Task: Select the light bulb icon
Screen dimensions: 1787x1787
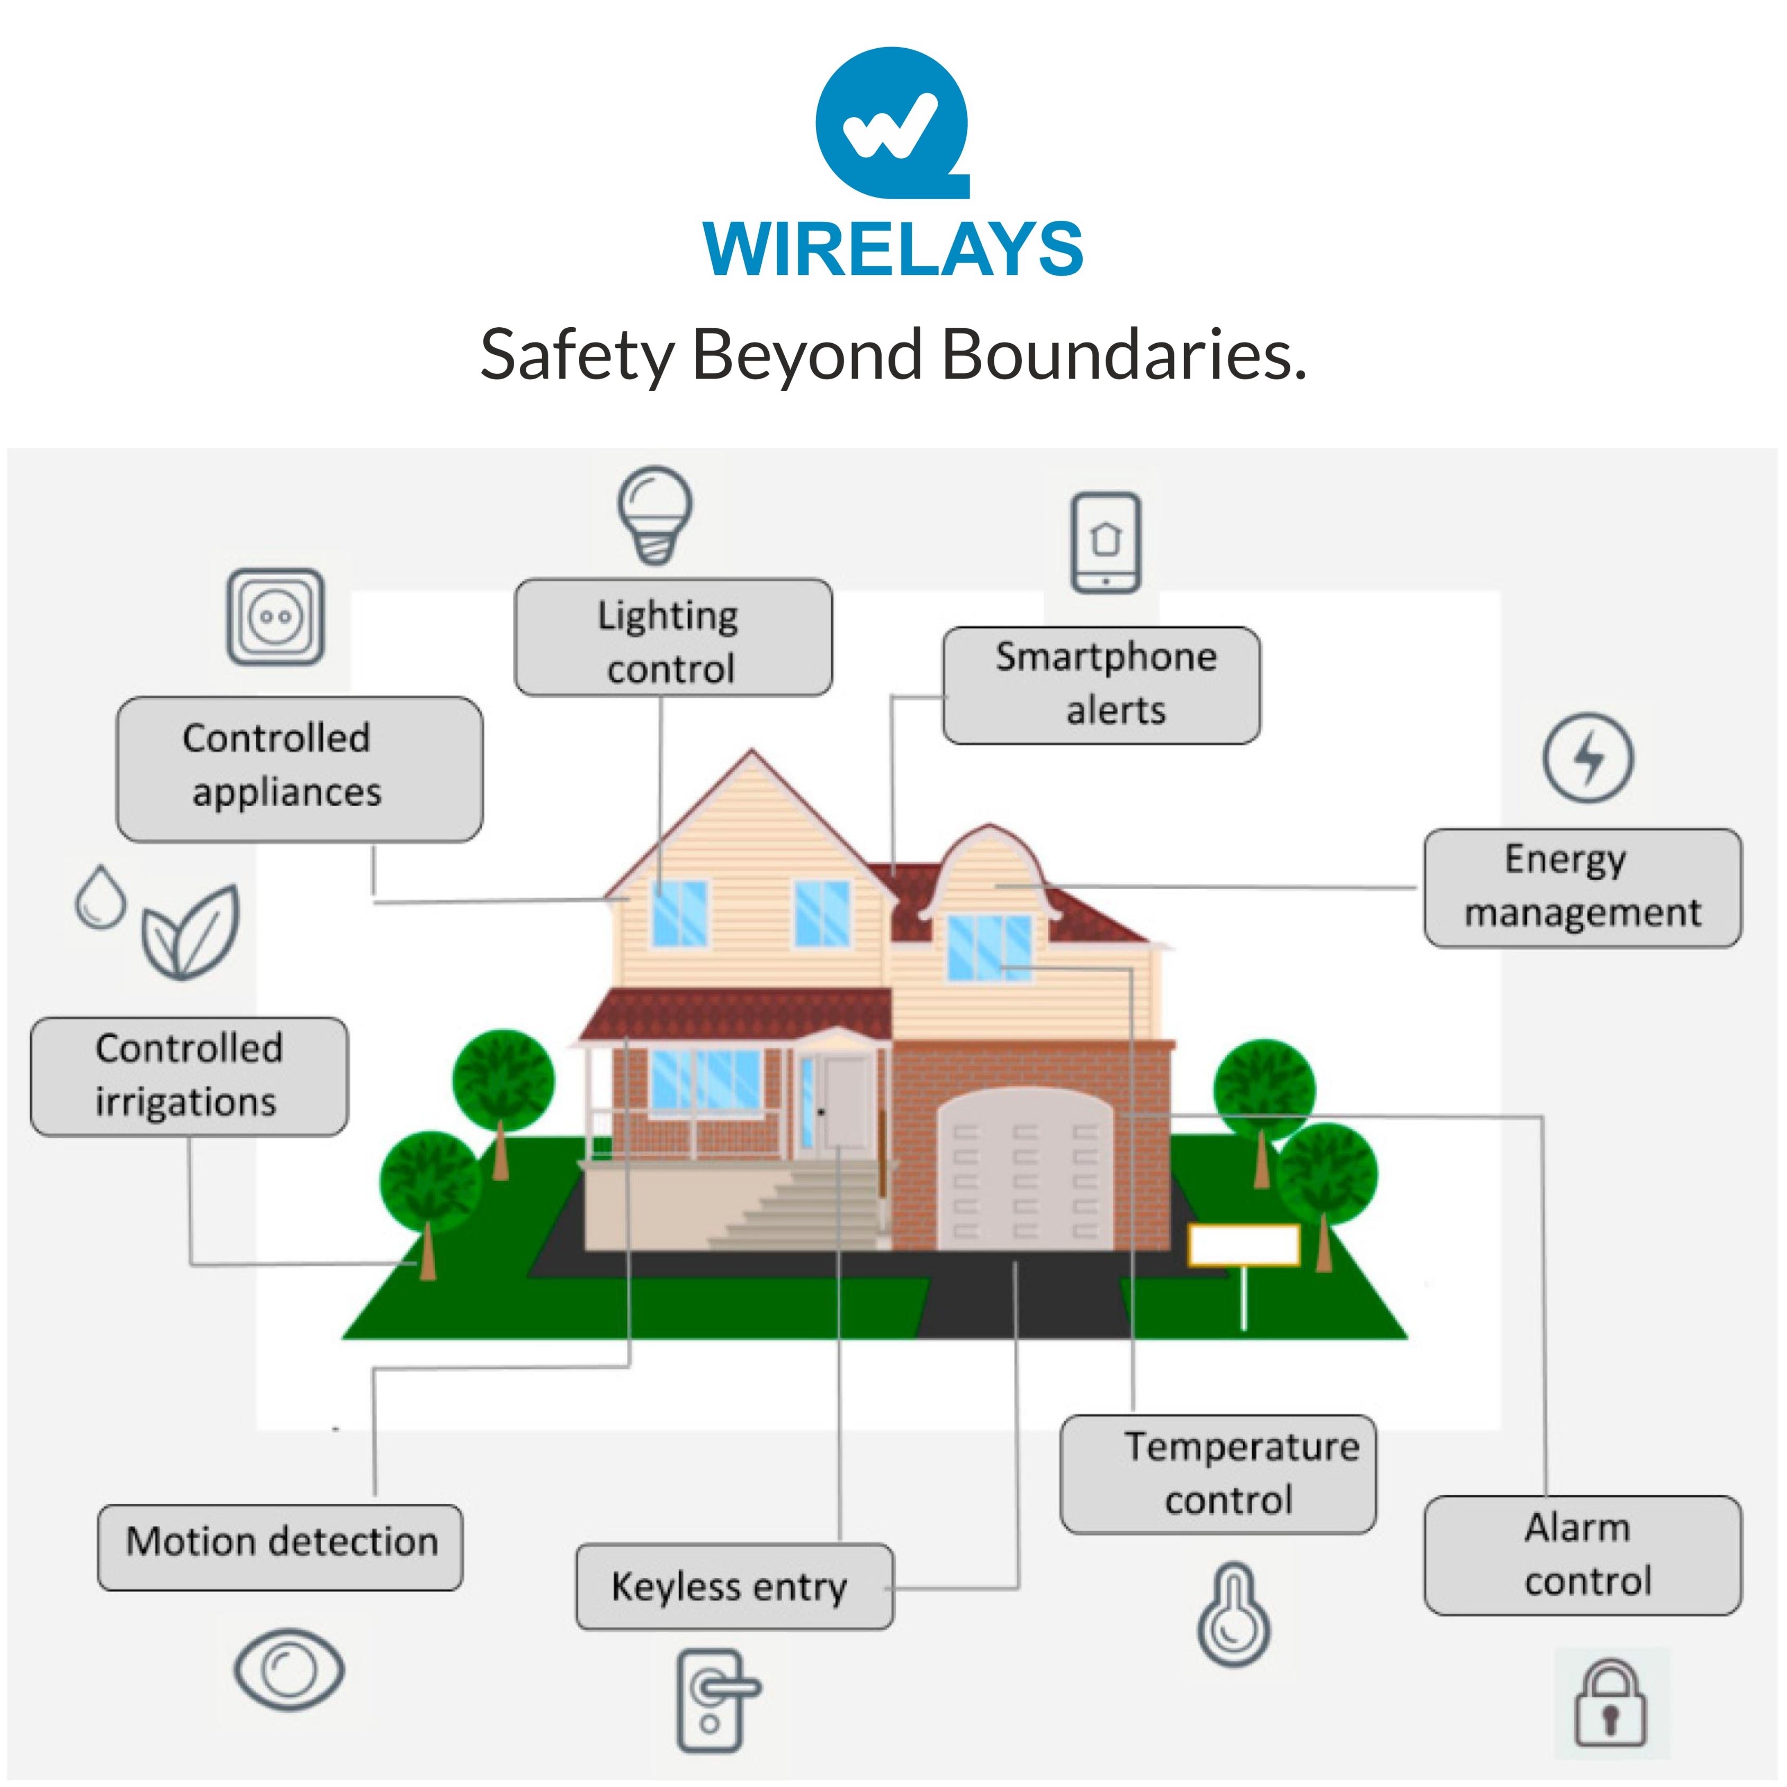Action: click(655, 514)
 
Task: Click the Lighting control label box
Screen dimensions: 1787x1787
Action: click(672, 638)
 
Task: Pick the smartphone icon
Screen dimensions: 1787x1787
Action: click(1106, 542)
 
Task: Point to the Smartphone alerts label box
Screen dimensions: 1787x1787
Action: click(1101, 685)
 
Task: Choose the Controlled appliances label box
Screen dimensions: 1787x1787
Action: click(299, 769)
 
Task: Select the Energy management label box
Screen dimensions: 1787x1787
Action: click(1582, 887)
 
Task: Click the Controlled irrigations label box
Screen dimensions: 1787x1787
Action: click(188, 1076)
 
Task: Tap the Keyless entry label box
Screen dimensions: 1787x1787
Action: click(733, 1586)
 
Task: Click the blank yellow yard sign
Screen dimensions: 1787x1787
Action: click(1243, 1245)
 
